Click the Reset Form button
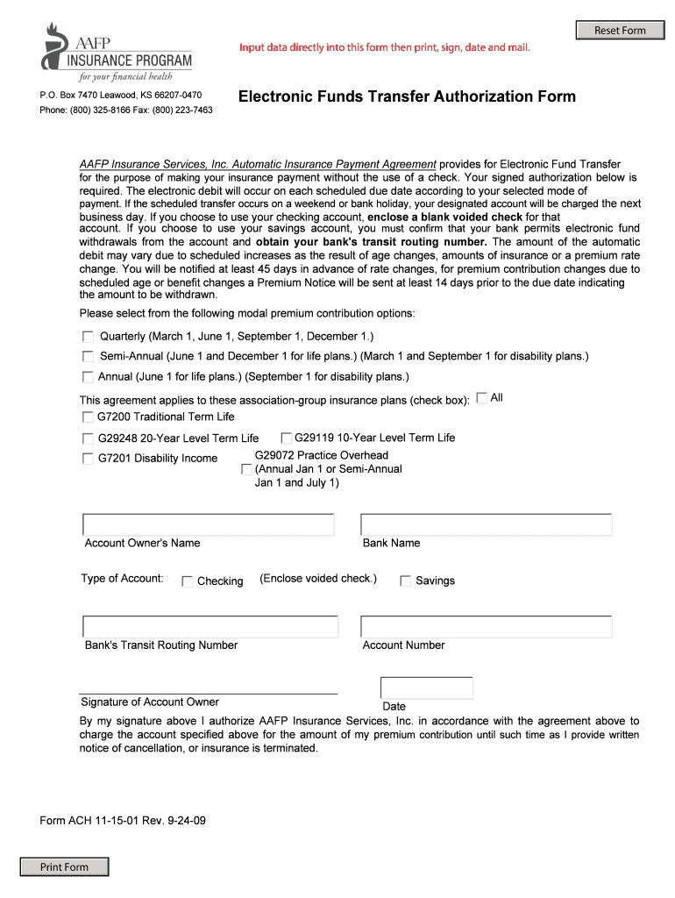coord(619,31)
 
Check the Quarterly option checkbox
coord(88,336)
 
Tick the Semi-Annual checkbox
coord(88,356)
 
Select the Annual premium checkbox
coord(88,377)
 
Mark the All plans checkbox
coord(481,397)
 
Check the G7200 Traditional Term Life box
coord(88,417)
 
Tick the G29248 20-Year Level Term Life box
coord(88,438)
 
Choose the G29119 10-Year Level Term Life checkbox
coord(286,438)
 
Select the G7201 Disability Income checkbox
coord(88,459)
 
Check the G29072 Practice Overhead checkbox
coord(246,469)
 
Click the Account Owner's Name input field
coord(208,524)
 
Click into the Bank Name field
coord(486,524)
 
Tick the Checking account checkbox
coord(187,581)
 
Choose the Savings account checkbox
coord(405,581)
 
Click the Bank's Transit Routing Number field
coord(210,627)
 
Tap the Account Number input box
coord(486,627)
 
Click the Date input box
coord(426,688)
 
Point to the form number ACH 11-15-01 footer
coord(123,821)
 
